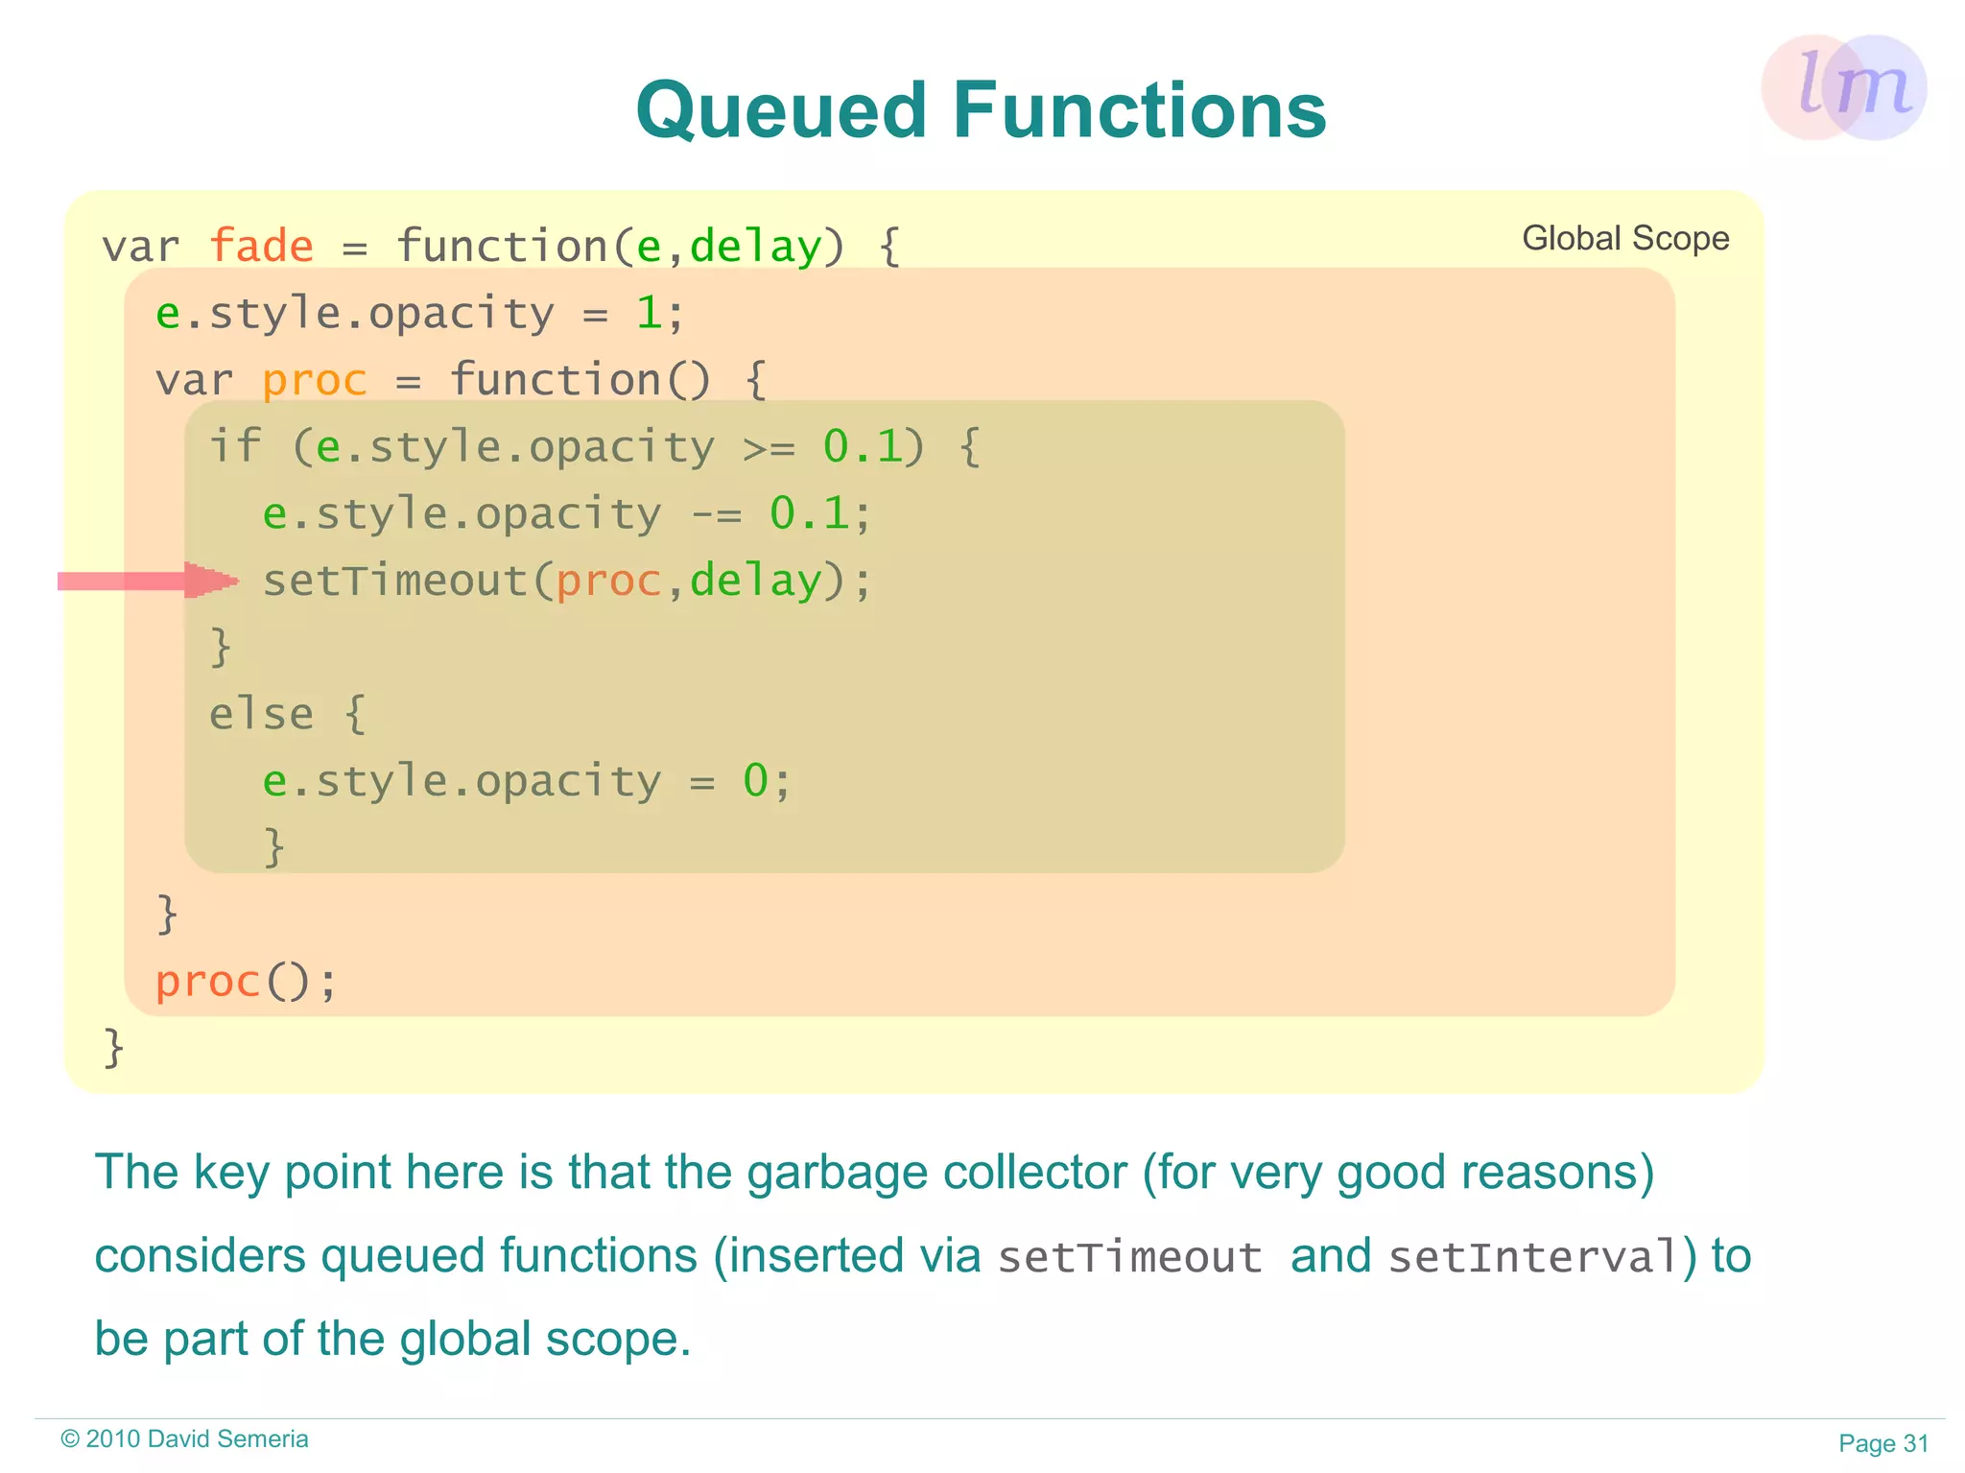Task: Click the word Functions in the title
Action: [x=1140, y=111]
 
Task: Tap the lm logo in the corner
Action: [x=1844, y=87]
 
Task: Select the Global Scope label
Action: [x=1625, y=238]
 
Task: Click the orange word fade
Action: [x=261, y=247]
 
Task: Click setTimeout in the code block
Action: [x=395, y=581]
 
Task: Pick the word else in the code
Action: [x=261, y=714]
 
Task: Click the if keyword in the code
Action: [x=234, y=446]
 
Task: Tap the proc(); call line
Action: [x=246, y=982]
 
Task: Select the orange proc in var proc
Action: [x=315, y=381]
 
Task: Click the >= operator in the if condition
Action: [x=769, y=448]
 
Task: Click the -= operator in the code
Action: [x=716, y=515]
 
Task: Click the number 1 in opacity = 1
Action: [x=649, y=314]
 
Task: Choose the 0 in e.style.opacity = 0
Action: [x=755, y=781]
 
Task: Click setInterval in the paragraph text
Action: [x=1534, y=1257]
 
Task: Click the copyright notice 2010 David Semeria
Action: [x=184, y=1439]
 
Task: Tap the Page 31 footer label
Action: [x=1882, y=1443]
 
